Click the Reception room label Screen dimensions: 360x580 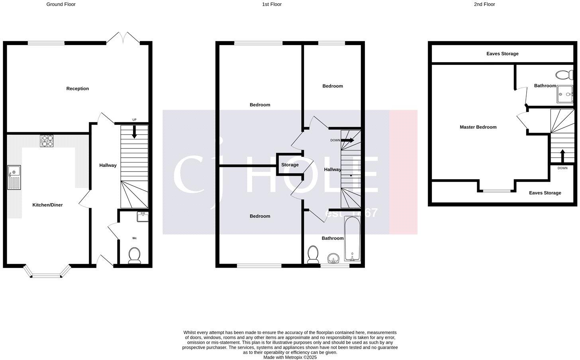pyautogui.click(x=78, y=88)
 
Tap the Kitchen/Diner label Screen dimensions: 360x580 pyautogui.click(x=47, y=205)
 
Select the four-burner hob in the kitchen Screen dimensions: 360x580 pyautogui.click(x=47, y=141)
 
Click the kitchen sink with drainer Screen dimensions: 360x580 pyautogui.click(x=14, y=177)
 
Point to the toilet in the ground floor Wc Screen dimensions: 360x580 pyautogui.click(x=134, y=255)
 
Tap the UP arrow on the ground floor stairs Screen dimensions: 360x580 pyautogui.click(x=134, y=132)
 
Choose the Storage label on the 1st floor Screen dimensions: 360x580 pyautogui.click(x=290, y=164)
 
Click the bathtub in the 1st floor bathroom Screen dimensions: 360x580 pyautogui.click(x=352, y=238)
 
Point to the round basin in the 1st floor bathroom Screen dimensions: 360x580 pyautogui.click(x=333, y=258)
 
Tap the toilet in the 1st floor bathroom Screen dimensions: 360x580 pyautogui.click(x=313, y=254)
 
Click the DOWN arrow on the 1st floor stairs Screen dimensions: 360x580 pyautogui.click(x=347, y=140)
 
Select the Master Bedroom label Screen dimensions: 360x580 pyautogui.click(x=478, y=127)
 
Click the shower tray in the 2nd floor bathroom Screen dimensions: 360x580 pyautogui.click(x=566, y=94)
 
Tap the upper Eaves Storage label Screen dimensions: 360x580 pyautogui.click(x=502, y=53)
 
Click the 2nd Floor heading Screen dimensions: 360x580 pyautogui.click(x=484, y=4)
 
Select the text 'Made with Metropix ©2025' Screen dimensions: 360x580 pyautogui.click(x=290, y=357)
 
